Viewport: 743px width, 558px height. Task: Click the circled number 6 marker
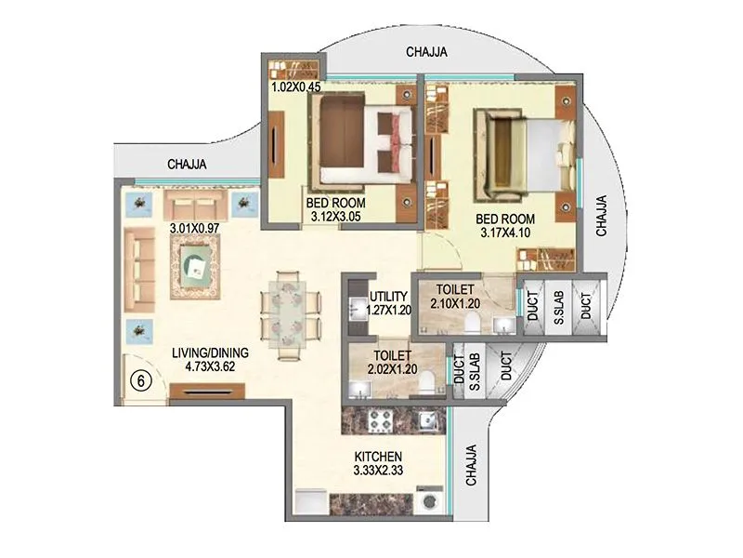[140, 379]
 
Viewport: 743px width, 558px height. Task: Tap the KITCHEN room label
[378, 457]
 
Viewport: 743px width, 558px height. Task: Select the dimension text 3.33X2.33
[378, 472]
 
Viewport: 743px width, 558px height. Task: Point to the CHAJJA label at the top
[427, 53]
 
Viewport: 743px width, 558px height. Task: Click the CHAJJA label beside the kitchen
[472, 465]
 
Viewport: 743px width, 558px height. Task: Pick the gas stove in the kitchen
[379, 420]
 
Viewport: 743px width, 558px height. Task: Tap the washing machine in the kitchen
[429, 500]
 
